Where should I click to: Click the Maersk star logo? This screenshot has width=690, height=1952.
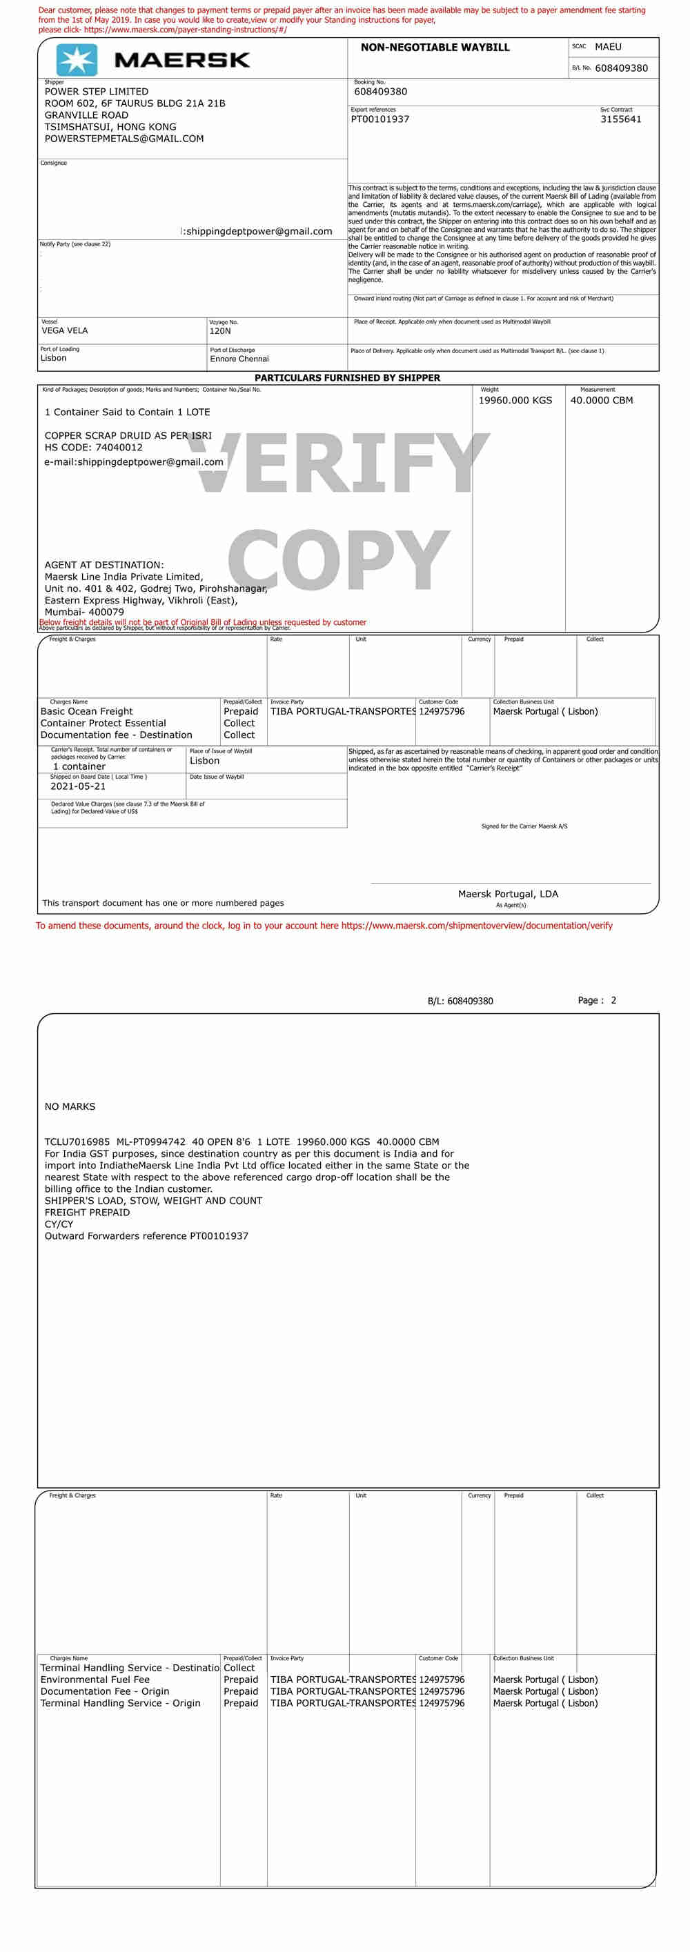click(x=77, y=60)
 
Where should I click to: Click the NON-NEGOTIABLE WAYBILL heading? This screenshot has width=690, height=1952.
click(x=435, y=47)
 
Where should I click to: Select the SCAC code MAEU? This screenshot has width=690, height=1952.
click(x=607, y=47)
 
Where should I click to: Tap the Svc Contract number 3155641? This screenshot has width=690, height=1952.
click(x=620, y=119)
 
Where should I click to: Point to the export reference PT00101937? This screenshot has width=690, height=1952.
click(x=380, y=119)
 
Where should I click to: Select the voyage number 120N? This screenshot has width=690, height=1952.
click(x=220, y=331)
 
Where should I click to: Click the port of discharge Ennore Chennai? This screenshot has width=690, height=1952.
click(x=239, y=359)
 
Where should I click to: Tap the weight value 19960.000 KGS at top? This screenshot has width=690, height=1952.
click(x=515, y=400)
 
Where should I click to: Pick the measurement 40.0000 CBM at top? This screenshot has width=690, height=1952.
click(x=601, y=400)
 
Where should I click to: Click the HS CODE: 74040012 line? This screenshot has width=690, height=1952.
click(x=93, y=447)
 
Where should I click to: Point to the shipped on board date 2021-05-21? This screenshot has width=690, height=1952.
click(x=78, y=786)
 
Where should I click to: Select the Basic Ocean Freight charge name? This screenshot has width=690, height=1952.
click(x=86, y=712)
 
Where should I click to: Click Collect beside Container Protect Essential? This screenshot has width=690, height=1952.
click(x=239, y=723)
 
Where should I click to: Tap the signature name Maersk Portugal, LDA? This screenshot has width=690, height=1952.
click(x=508, y=894)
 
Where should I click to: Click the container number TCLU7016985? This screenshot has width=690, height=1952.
click(x=77, y=1141)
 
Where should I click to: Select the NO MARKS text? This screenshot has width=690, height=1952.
click(x=70, y=1106)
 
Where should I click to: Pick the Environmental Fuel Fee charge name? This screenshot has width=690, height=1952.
click(x=95, y=1680)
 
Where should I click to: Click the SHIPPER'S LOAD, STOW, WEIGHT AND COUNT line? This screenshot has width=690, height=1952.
click(x=153, y=1200)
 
